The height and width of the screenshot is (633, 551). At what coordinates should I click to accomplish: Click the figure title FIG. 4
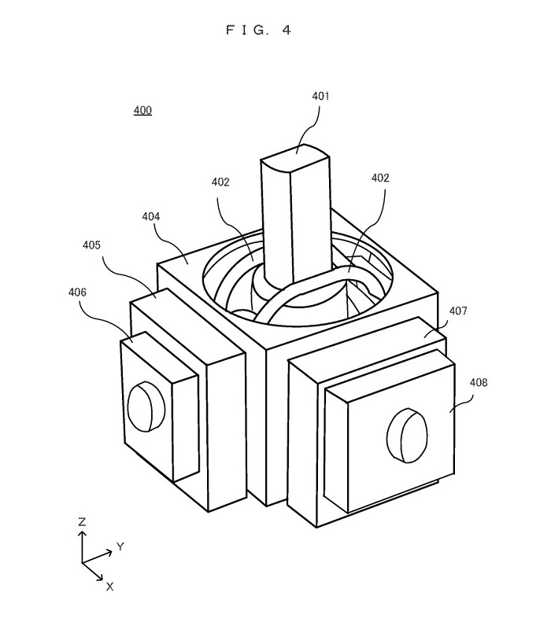pyautogui.click(x=259, y=30)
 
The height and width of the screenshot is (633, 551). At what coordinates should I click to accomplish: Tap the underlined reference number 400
pyautogui.click(x=142, y=110)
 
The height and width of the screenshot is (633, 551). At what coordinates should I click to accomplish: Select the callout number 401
pyautogui.click(x=320, y=96)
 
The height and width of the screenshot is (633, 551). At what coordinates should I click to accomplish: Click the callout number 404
pyautogui.click(x=151, y=216)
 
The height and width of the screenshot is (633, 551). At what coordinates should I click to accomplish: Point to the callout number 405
pyautogui.click(x=91, y=245)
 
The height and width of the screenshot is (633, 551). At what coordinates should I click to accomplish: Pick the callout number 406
pyautogui.click(x=77, y=292)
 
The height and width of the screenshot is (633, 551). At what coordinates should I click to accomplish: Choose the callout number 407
pyautogui.click(x=458, y=311)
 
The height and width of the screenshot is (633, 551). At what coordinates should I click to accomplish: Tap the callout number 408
pyautogui.click(x=479, y=382)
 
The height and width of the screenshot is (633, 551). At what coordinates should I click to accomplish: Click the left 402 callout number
pyautogui.click(x=220, y=182)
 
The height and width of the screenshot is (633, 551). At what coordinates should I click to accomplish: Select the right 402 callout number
pyautogui.click(x=380, y=178)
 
